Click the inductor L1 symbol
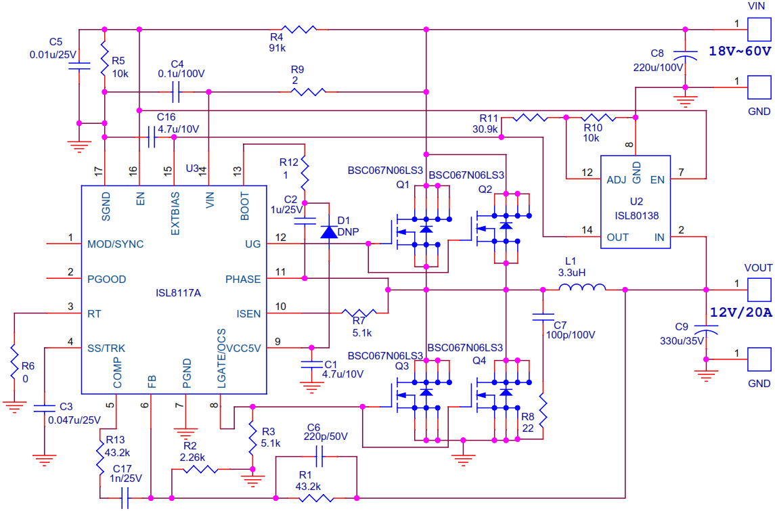582,289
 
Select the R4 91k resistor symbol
299,29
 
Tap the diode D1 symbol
328,231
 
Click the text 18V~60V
740,51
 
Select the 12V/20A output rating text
740,312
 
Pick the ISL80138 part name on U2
636,217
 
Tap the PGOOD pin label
106,279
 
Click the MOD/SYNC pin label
115,244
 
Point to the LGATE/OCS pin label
221,359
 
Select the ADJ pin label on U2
616,180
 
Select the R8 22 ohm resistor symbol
543,409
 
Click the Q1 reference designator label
403,184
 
